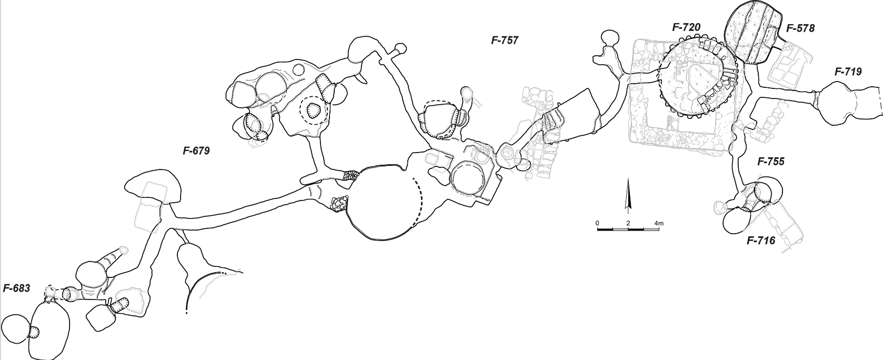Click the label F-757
coord(505,40)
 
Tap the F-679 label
coord(196,151)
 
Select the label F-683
coord(16,288)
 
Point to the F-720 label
coord(686,27)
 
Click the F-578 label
coord(800,28)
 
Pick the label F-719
coord(848,72)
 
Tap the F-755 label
coord(771,161)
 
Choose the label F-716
coord(761,240)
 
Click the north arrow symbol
coord(628,194)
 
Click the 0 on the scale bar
coord(598,223)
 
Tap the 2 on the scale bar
coord(628,223)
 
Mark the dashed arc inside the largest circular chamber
coord(418,202)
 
